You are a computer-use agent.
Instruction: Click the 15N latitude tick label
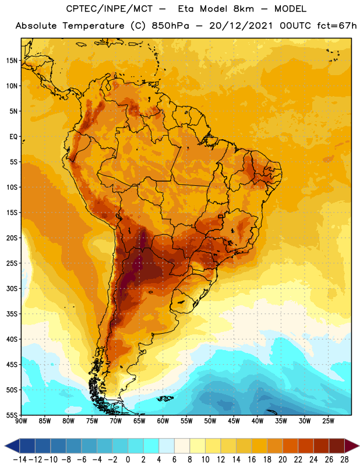(12, 61)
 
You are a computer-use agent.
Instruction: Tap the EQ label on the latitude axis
(13, 137)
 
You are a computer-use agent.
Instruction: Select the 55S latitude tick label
(12, 415)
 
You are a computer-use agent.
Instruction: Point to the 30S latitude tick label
(12, 288)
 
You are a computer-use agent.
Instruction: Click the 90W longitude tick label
(21, 421)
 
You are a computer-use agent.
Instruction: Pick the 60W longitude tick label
(163, 421)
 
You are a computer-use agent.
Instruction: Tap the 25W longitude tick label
(328, 421)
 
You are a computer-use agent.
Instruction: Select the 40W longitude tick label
(257, 421)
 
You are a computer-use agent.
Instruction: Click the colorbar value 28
(344, 460)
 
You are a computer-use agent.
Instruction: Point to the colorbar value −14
(20, 460)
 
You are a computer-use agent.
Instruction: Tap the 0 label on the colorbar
(128, 460)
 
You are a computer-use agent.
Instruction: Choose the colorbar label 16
(252, 460)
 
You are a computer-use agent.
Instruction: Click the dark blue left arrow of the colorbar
(12, 446)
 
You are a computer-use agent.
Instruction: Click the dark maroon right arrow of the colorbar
(352, 446)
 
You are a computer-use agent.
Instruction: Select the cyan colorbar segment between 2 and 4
(151, 446)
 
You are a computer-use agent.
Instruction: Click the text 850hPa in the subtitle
(170, 26)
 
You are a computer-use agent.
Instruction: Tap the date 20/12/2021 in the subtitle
(241, 26)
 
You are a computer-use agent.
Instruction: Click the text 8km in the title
(243, 9)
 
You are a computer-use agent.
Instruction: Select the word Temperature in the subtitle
(93, 26)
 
